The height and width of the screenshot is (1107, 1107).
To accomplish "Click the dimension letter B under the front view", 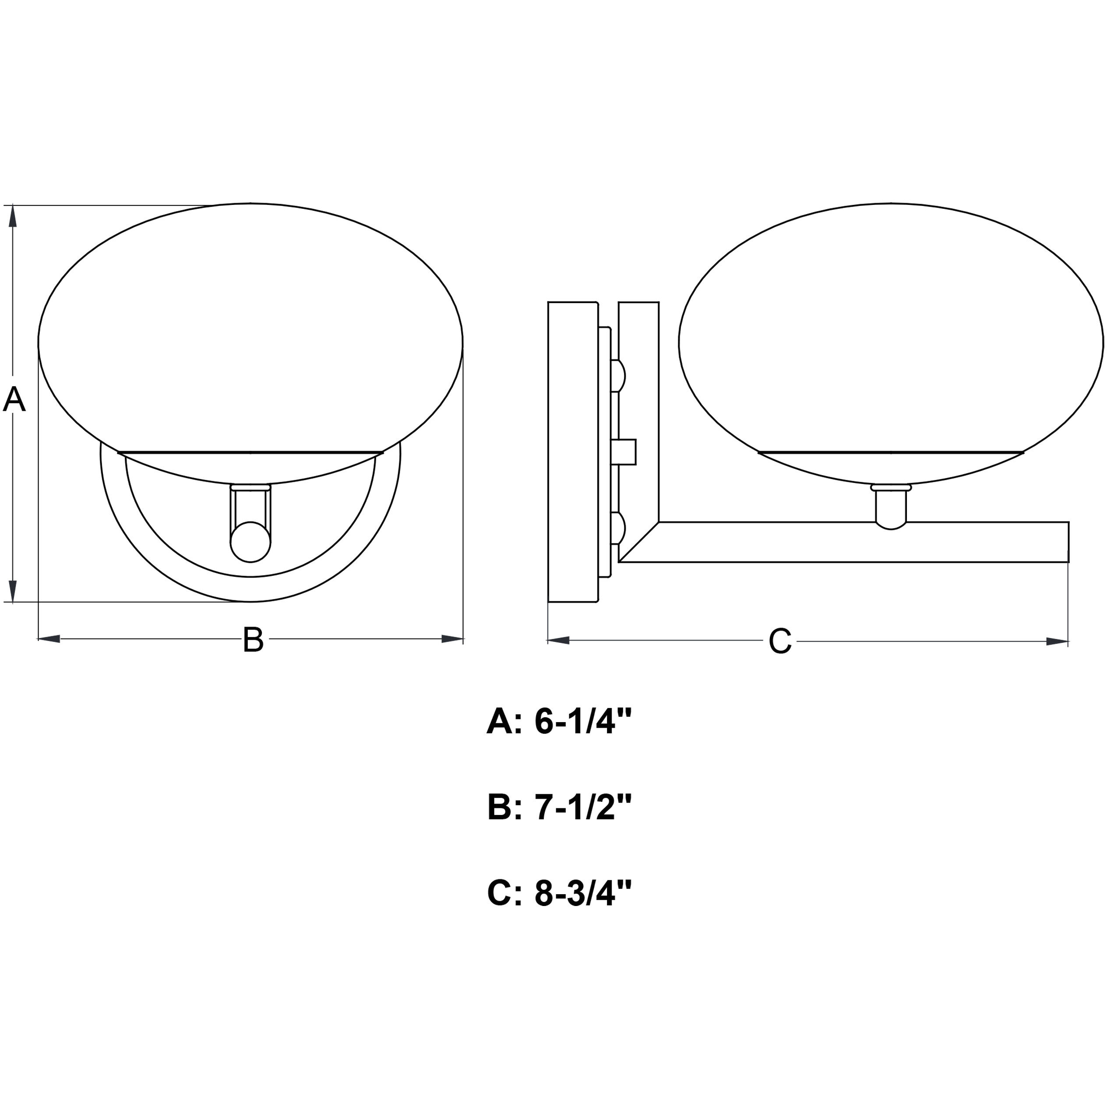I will pos(253,640).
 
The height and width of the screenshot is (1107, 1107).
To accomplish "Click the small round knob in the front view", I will pos(250,542).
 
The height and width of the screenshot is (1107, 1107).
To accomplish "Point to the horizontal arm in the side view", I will pos(860,542).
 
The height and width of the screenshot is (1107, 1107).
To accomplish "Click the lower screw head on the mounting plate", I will pos(619,528).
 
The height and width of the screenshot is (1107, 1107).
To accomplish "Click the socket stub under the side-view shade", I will pos(891,507).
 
